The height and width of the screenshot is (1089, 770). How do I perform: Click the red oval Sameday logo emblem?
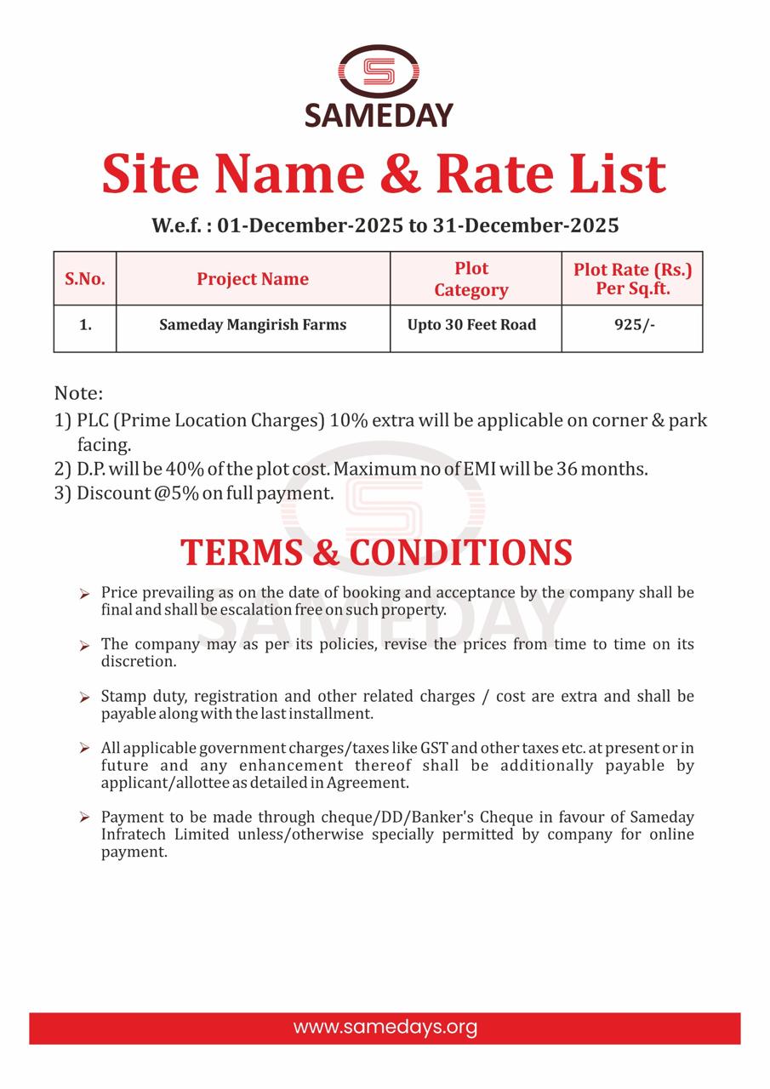pyautogui.click(x=379, y=71)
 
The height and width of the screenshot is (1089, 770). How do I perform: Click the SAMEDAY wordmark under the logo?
pyautogui.click(x=379, y=114)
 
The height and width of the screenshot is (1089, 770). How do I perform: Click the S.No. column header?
pyautogui.click(x=85, y=279)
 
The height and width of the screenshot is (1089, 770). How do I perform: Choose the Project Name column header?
pyautogui.click(x=253, y=279)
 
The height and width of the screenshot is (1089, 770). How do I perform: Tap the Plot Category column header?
pyautogui.click(x=471, y=279)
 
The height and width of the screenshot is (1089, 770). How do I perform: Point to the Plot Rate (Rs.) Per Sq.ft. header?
pyautogui.click(x=632, y=279)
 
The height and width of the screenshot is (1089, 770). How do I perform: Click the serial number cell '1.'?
pyautogui.click(x=85, y=325)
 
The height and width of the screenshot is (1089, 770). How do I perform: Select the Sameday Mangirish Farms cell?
pyautogui.click(x=253, y=325)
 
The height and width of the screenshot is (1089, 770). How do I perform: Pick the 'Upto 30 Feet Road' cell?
pyautogui.click(x=471, y=325)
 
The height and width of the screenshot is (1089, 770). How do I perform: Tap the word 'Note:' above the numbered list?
pyautogui.click(x=78, y=393)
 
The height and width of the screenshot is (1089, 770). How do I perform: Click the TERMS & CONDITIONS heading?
pyautogui.click(x=376, y=552)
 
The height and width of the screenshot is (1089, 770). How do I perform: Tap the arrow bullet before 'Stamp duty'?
pyautogui.click(x=84, y=697)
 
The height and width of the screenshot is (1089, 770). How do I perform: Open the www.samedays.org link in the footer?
pyautogui.click(x=385, y=1027)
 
